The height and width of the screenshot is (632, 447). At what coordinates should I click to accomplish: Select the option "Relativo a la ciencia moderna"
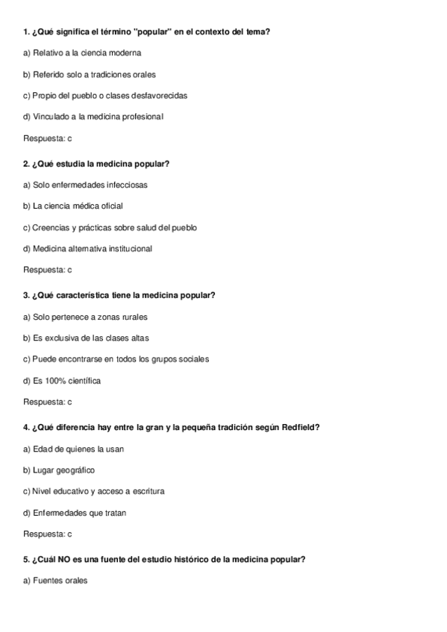82,53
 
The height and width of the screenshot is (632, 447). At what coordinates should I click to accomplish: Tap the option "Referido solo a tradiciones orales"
90,75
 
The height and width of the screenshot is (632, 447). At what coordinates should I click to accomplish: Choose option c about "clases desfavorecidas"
105,96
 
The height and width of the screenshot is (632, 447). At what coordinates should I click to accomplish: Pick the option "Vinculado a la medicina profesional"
93,117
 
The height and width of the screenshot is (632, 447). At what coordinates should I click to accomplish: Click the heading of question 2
96,163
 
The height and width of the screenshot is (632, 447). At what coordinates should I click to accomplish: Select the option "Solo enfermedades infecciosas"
85,184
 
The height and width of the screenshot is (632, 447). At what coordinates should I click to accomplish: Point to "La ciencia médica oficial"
73,206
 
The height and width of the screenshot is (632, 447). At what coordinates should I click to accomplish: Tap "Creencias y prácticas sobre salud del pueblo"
110,227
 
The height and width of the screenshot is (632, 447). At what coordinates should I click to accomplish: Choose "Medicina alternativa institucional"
87,248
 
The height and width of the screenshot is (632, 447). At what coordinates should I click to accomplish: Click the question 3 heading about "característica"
119,295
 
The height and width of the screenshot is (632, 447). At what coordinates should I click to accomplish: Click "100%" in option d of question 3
52,381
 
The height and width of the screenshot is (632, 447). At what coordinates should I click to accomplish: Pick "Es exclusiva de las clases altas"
86,338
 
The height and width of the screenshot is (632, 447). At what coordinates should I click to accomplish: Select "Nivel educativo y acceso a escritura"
94,491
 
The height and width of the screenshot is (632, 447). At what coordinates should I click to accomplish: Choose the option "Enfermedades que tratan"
75,513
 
